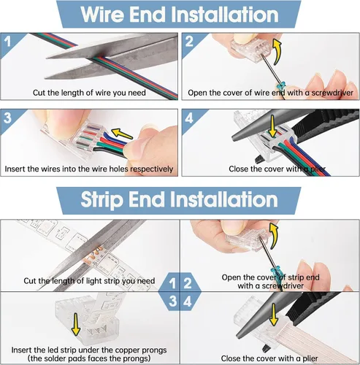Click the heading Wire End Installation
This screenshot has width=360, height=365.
tap(180, 15)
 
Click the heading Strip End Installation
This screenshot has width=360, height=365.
tap(179, 200)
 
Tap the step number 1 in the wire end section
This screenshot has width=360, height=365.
tap(8, 42)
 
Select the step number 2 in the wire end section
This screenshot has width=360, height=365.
tap(189, 42)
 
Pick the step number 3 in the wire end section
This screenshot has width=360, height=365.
tap(7, 118)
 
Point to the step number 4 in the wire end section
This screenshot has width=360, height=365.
tap(189, 118)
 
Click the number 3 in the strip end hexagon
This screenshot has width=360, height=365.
tap(172, 301)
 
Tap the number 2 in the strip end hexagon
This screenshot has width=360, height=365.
tap(188, 283)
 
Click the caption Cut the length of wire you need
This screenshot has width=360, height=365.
tap(89, 93)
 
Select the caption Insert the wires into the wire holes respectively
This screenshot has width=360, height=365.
tap(89, 169)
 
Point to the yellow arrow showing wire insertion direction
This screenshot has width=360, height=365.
tap(122, 134)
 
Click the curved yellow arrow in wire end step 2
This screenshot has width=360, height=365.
tap(277, 51)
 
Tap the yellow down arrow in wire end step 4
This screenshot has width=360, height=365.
tap(272, 126)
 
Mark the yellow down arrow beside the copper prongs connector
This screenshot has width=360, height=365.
tap(76, 325)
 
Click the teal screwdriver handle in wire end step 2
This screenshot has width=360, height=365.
tap(281, 86)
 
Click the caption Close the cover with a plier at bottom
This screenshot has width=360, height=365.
tap(269, 358)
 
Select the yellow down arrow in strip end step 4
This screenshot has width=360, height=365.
tap(274, 315)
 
